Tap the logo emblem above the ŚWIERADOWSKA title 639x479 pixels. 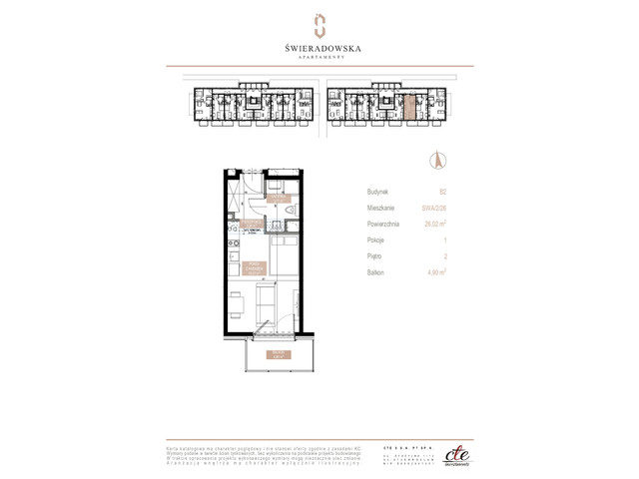[319, 25]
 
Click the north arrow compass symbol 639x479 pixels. [434, 159]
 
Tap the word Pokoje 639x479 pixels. [376, 244]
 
